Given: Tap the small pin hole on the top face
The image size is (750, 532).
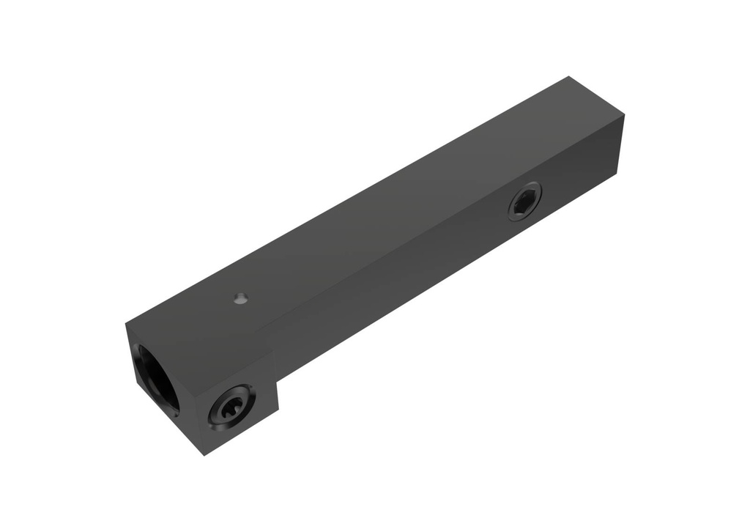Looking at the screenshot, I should [x=240, y=298].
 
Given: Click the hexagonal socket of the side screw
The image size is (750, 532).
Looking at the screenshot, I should [x=524, y=202].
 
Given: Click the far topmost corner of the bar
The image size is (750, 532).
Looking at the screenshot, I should [x=569, y=76].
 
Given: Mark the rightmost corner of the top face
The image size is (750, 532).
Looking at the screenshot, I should [x=624, y=115].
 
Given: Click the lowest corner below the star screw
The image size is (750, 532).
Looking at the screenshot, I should [x=204, y=454].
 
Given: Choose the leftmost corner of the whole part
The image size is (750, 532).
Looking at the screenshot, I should [x=126, y=323].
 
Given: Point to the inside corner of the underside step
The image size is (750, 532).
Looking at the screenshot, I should [x=278, y=379].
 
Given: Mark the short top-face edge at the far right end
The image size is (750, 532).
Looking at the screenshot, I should [x=597, y=95].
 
